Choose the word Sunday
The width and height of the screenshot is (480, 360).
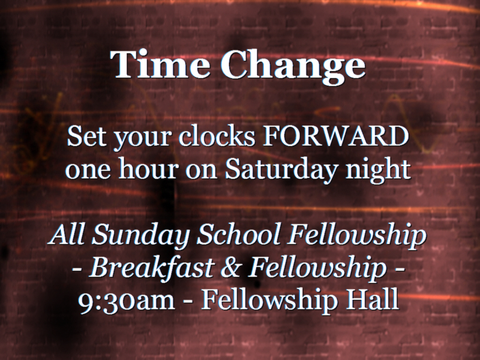141,236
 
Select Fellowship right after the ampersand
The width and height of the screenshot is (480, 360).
316,268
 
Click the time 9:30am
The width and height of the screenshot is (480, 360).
126,300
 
